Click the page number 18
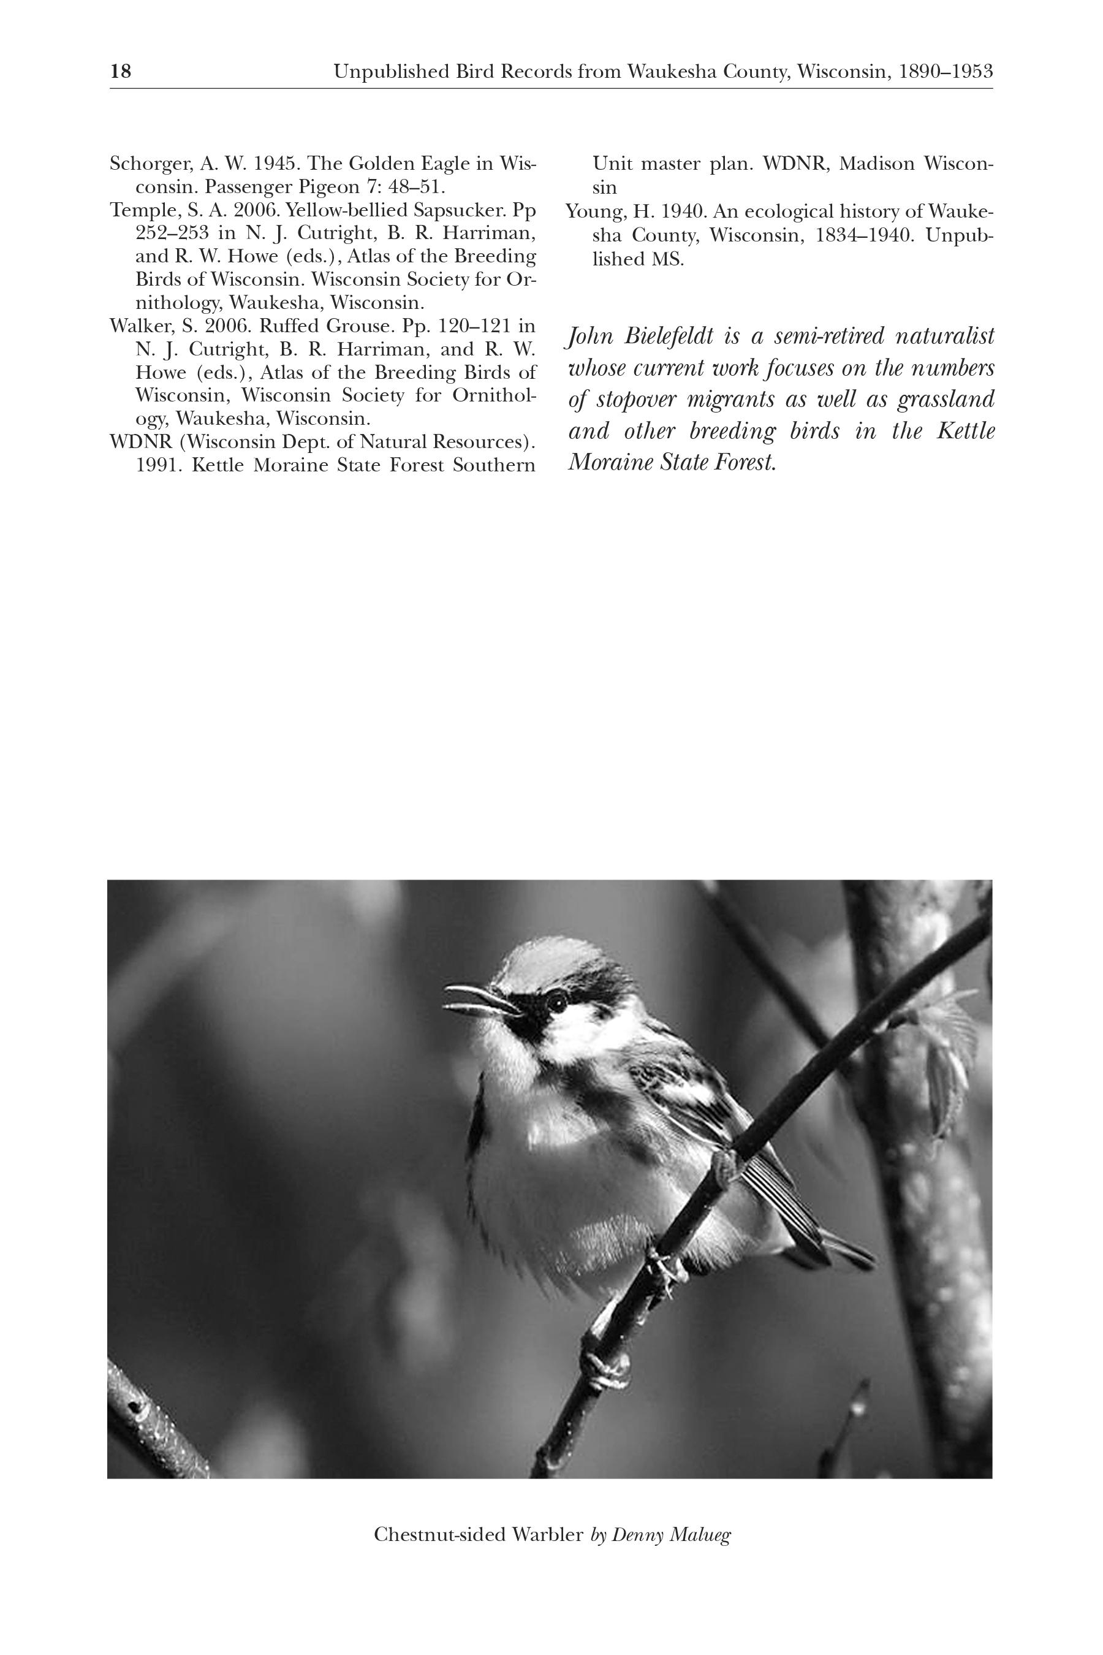point(120,71)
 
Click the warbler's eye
point(556,1000)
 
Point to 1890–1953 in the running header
point(946,72)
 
